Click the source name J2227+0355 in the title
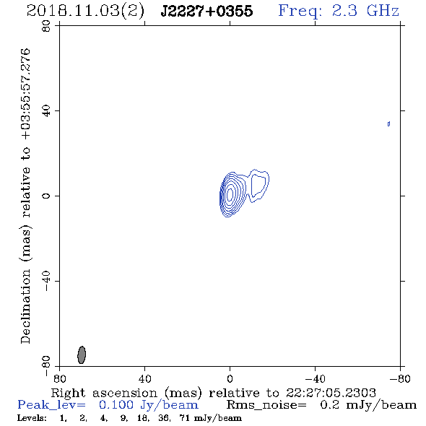pos(207,11)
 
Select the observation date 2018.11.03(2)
pos(85,12)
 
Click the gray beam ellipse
pos(82,355)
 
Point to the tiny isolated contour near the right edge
pos(388,124)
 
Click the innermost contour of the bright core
pos(230,194)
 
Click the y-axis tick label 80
pos(46,26)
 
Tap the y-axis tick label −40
pos(46,281)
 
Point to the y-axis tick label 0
pos(46,196)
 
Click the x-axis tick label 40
pos(145,379)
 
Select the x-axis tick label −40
pos(315,379)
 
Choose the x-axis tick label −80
pos(400,379)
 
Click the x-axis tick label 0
pos(230,379)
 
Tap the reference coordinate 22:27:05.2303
pos(331,393)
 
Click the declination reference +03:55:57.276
pos(26,94)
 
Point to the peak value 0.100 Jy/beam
pos(148,405)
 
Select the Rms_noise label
pos(266,405)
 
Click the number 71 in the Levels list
pos(184,417)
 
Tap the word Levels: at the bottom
pos(32,417)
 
